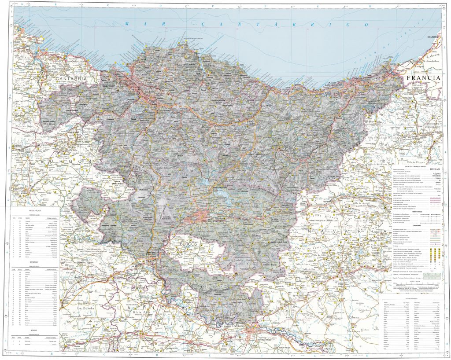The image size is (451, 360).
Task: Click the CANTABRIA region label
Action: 71,78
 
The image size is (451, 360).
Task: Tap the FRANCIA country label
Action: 424,77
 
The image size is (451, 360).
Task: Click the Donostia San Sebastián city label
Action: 330,83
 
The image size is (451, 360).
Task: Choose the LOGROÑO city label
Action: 235,326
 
